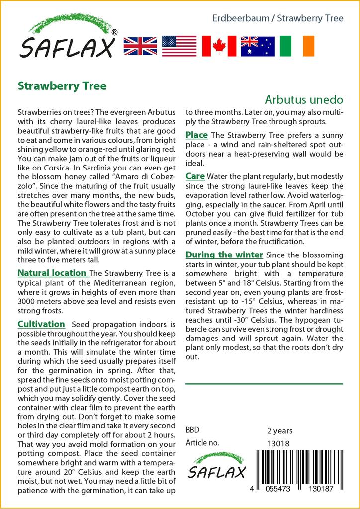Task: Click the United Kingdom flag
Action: [140, 46]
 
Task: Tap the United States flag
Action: [180, 46]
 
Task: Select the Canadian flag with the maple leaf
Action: [219, 46]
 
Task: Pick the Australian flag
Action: [258, 46]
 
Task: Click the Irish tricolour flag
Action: [297, 46]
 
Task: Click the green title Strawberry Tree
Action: [62, 85]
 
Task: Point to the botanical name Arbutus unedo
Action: [304, 99]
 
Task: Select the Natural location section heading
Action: [52, 273]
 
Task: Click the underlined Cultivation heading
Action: [41, 324]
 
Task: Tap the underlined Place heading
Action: [196, 135]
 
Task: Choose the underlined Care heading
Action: [195, 176]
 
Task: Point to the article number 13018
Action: [278, 443]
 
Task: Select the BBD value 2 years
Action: [280, 431]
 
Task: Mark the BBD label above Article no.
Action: [193, 430]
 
